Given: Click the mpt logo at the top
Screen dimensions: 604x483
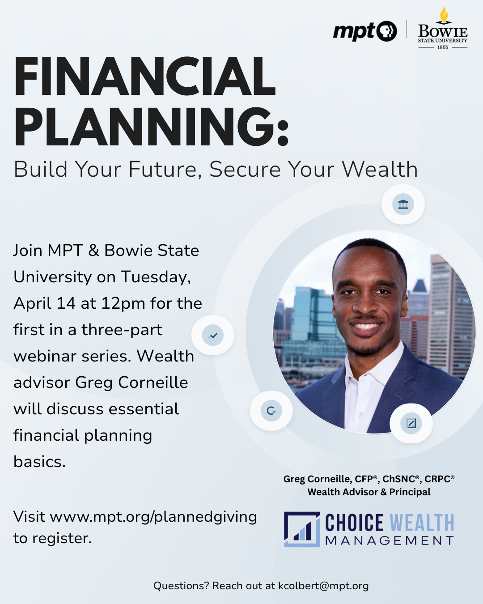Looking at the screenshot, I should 364,31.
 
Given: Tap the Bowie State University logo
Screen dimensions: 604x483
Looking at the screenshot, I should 442,29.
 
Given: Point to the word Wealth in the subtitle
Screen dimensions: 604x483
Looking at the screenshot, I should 380,170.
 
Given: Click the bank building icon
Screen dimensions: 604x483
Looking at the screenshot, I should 403,204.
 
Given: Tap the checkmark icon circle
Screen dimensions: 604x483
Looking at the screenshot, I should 213,335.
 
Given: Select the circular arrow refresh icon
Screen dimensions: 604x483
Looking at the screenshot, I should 271,410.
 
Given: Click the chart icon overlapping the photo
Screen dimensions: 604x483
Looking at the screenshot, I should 411,423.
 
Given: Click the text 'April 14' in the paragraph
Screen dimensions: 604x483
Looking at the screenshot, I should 44,303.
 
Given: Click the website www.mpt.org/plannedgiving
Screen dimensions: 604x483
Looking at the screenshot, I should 153,517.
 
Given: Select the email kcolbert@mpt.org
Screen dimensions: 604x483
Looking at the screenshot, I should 323,586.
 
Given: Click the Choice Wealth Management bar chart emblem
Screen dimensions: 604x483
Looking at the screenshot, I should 302,529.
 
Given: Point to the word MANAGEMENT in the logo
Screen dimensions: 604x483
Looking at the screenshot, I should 390,541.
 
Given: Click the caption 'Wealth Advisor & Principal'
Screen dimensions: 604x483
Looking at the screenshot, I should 369,492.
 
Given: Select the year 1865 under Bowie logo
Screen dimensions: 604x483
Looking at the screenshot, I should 443,47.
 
